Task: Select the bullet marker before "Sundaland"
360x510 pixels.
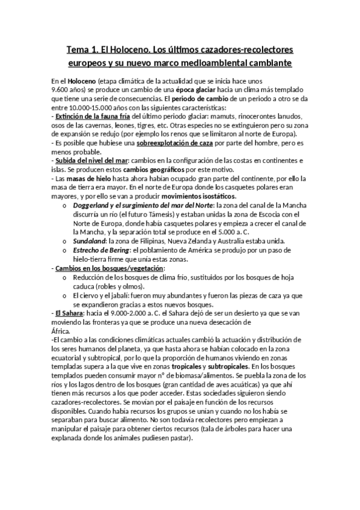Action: [x=65, y=241]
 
